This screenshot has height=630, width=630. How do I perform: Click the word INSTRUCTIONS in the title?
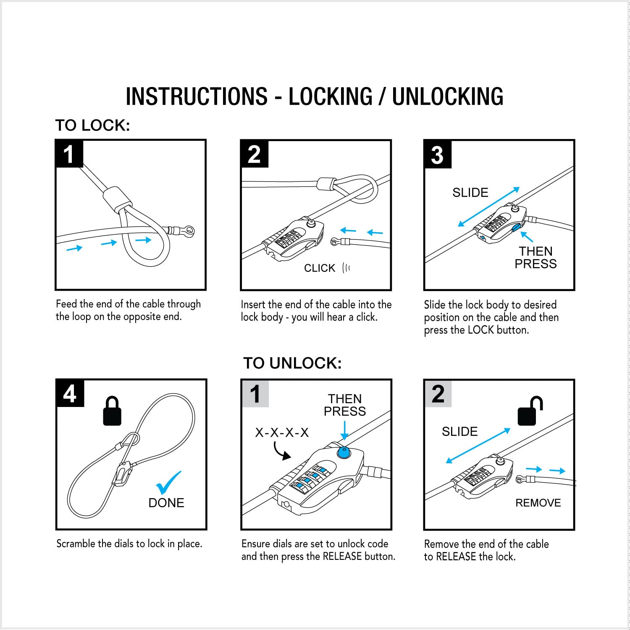[x=197, y=96]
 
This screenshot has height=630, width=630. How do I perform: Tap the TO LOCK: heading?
[x=92, y=125]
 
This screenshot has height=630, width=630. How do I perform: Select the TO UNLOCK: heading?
[x=292, y=363]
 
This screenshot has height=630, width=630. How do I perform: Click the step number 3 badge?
[x=437, y=155]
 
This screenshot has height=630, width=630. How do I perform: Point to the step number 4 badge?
[x=70, y=394]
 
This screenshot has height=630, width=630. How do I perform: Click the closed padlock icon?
[x=112, y=410]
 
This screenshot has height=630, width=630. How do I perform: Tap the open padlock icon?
[x=530, y=410]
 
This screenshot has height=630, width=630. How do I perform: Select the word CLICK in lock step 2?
[x=320, y=268]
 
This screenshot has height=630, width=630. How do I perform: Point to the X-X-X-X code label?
[x=282, y=432]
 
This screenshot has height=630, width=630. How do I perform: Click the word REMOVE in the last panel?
[x=538, y=503]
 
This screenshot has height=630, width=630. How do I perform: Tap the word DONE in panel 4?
[x=166, y=503]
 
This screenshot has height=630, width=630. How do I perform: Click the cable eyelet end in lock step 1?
[x=188, y=230]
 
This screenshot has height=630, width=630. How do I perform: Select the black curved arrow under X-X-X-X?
[x=281, y=451]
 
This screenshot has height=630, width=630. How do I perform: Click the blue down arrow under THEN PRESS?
[x=344, y=430]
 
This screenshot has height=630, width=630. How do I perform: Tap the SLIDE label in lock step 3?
[x=470, y=192]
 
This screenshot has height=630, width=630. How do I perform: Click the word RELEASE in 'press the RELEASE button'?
[x=342, y=556]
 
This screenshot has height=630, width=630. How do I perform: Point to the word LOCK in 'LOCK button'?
[x=480, y=330]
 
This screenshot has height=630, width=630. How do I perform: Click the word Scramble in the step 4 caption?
[x=76, y=543]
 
